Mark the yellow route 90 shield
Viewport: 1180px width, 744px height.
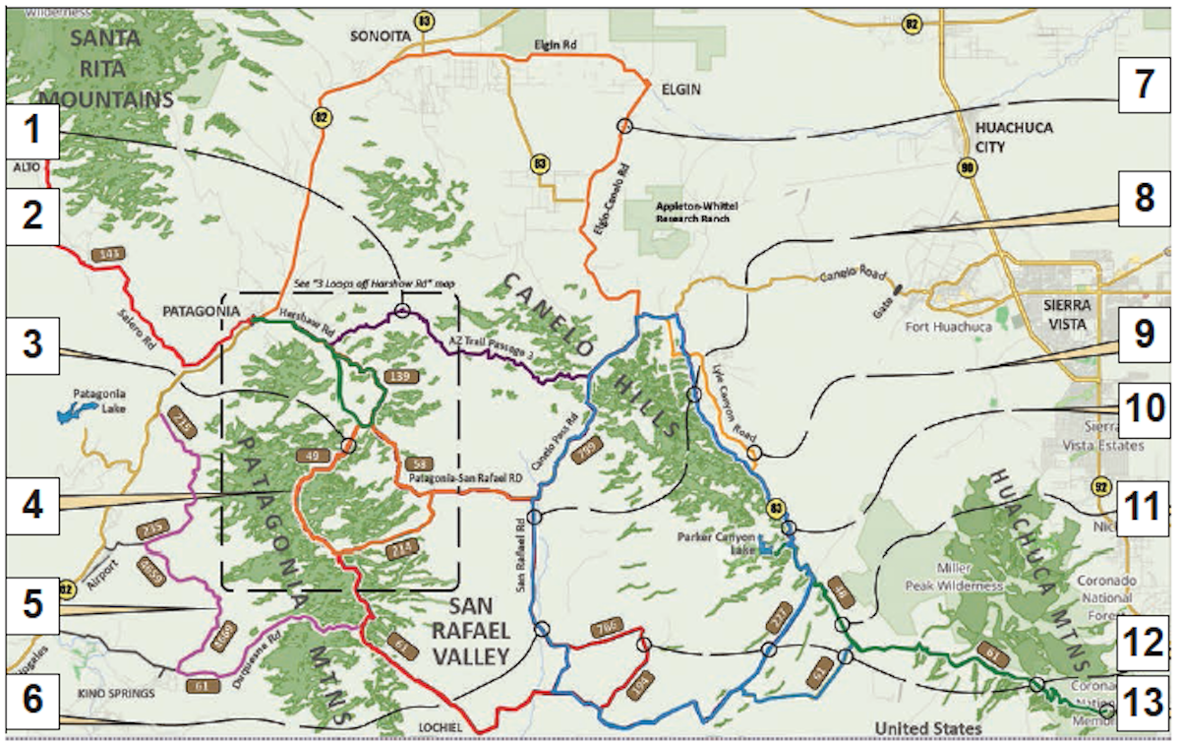[969, 169]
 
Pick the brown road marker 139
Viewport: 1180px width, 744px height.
[398, 377]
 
